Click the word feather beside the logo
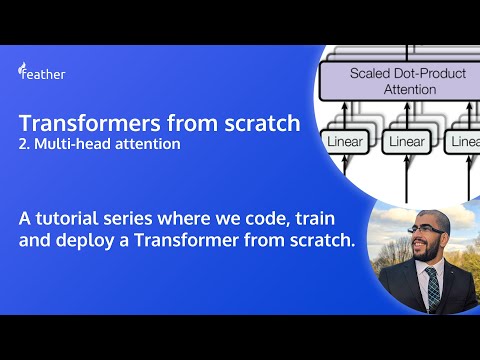(x=48, y=74)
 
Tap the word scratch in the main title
(x=262, y=124)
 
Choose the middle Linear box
(x=406, y=142)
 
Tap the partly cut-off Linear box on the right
(x=465, y=142)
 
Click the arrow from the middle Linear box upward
(x=406, y=112)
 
